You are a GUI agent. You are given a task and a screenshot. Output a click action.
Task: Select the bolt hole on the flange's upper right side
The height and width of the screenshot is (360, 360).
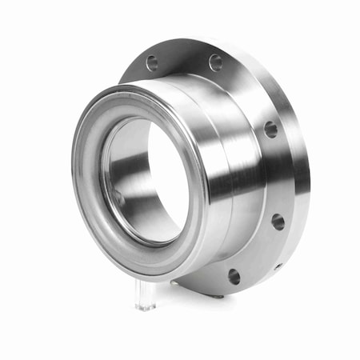click(271, 129)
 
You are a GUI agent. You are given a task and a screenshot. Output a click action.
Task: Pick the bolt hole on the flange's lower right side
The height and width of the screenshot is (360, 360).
click(278, 222)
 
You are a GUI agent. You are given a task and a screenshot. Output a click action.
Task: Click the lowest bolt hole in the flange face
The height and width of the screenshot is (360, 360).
click(234, 277)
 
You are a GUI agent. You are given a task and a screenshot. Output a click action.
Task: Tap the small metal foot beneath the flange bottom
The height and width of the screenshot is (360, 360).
click(220, 296)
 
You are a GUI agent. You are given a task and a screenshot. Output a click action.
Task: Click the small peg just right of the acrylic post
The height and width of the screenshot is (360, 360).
click(173, 282)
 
